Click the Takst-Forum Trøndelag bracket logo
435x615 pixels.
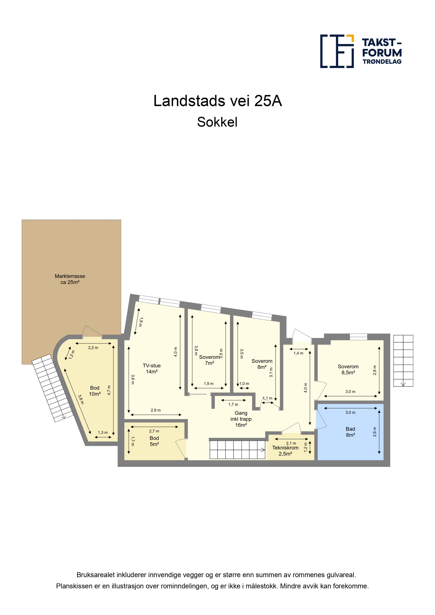337,51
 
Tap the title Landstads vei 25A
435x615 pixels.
218,101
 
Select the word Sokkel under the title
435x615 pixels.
217,122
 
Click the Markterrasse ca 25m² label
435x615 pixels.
70,279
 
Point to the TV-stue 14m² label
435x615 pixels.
152,369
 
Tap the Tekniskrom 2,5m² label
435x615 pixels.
285,451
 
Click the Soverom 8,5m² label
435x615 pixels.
348,370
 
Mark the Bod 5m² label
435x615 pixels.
154,441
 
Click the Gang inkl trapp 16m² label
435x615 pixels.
241,419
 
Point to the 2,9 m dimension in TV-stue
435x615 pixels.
156,410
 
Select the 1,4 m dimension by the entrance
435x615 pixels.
298,353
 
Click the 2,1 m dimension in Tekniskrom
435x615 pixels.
291,443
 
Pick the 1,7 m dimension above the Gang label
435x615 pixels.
233,404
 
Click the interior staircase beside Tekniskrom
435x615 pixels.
237,450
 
